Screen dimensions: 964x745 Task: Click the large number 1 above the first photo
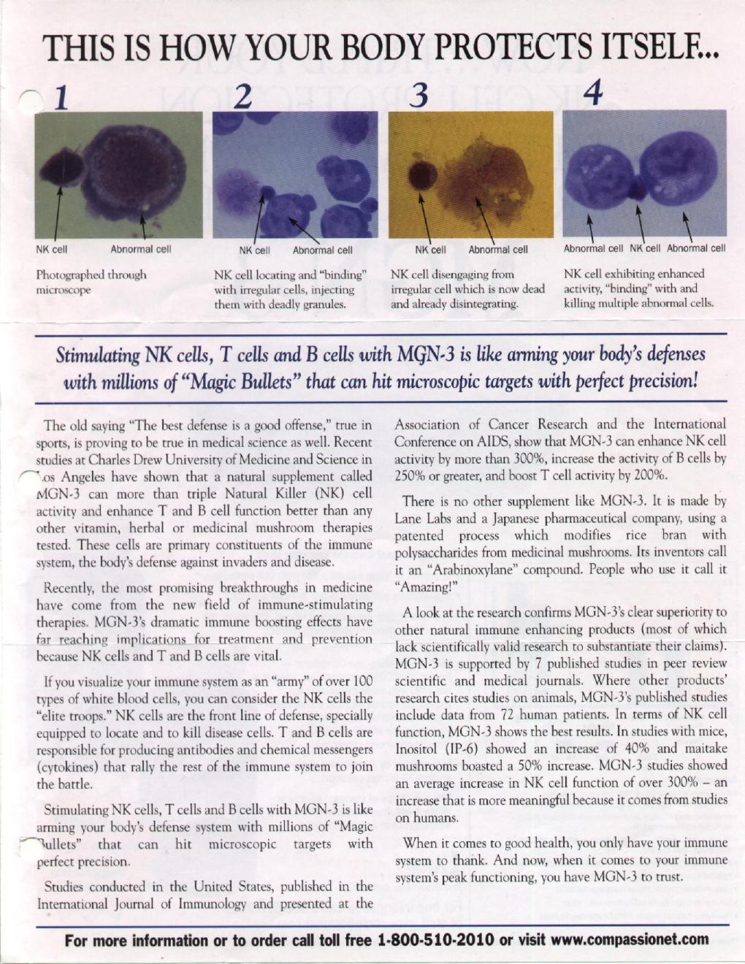click(x=61, y=97)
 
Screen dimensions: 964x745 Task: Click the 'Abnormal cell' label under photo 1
click(x=140, y=249)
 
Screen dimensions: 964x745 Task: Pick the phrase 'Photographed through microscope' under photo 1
click(x=91, y=282)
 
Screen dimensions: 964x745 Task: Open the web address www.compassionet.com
click(x=630, y=939)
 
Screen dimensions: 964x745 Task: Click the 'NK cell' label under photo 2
click(x=255, y=250)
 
